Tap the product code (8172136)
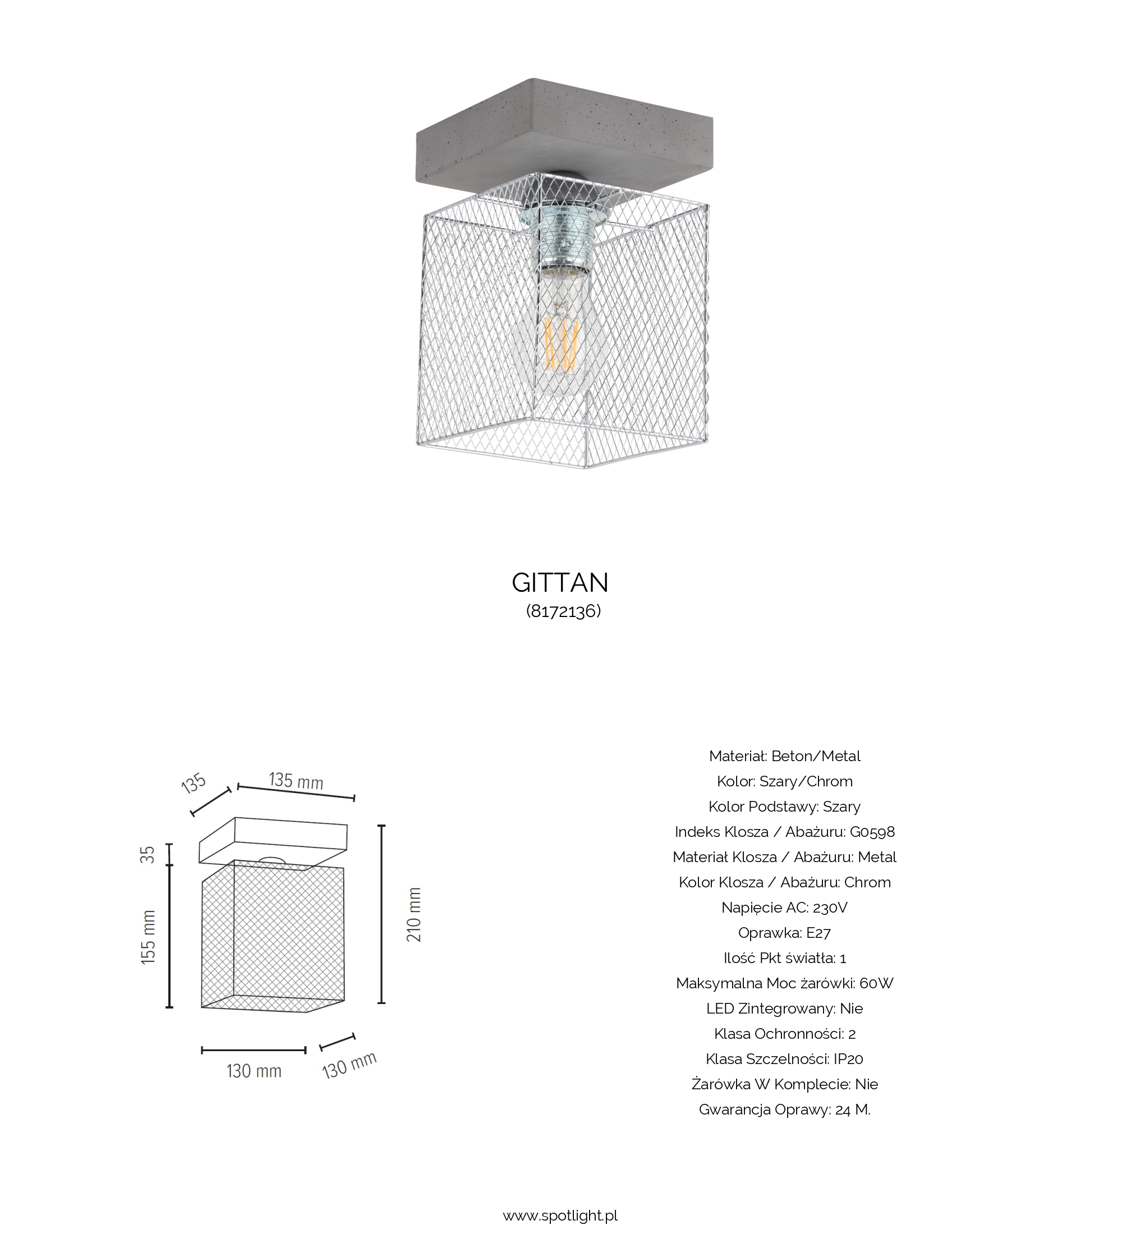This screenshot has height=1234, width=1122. (x=563, y=611)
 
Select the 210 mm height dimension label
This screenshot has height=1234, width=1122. (x=415, y=914)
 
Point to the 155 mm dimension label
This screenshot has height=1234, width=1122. (x=148, y=937)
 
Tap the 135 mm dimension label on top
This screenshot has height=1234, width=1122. (x=296, y=780)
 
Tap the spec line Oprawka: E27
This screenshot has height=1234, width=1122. (x=784, y=933)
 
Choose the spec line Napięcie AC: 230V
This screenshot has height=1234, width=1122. (x=784, y=908)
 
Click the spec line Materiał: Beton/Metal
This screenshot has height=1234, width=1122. (x=784, y=756)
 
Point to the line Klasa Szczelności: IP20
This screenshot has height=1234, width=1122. (x=784, y=1059)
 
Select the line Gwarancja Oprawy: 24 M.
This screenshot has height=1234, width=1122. (x=784, y=1109)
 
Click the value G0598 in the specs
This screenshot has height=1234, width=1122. (x=872, y=832)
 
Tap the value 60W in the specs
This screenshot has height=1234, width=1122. (x=876, y=984)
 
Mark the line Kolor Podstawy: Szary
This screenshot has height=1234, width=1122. (x=784, y=807)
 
